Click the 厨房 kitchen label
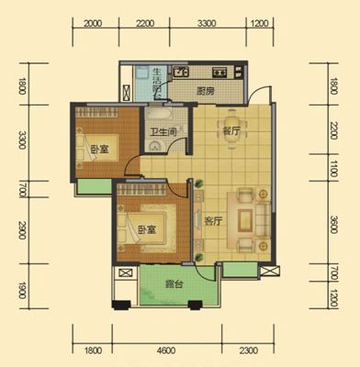point(206,91)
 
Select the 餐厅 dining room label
point(231,131)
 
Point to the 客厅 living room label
point(213,221)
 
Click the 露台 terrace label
point(174,284)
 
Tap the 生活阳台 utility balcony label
point(157,84)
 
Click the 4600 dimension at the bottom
point(167,350)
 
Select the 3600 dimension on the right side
point(333,225)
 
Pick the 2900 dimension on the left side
point(22,230)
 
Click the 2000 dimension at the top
point(93,23)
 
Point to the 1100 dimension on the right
point(333,169)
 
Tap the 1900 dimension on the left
point(22,290)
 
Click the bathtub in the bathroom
point(157,114)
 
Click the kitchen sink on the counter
point(181,72)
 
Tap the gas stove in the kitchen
point(219,72)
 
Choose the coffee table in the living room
point(245,221)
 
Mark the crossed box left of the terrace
point(126,272)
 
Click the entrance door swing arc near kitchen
point(256,91)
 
